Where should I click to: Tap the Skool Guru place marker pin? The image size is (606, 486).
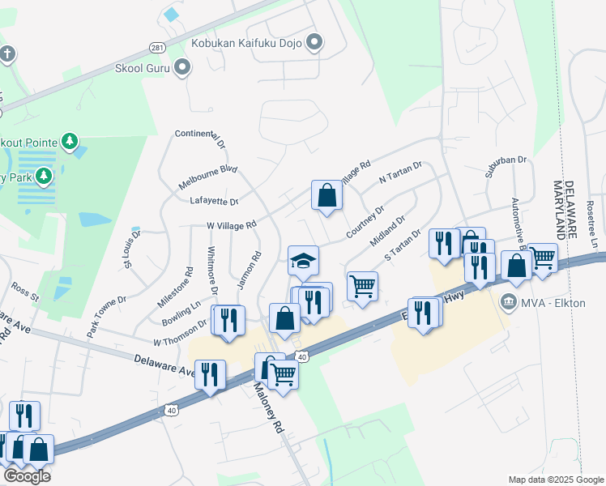coord(184,68)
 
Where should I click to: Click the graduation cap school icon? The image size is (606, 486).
coord(304,261)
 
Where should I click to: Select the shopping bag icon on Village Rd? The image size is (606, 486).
coord(326,195)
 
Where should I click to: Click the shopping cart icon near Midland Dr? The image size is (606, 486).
coord(362,285)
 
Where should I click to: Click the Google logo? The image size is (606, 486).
coord(27,476)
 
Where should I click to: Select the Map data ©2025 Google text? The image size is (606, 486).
coord(556,480)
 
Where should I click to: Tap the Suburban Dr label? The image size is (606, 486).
coord(506,160)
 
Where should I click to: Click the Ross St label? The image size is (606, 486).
coord(25,292)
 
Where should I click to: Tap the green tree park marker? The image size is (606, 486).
coord(70,143)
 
